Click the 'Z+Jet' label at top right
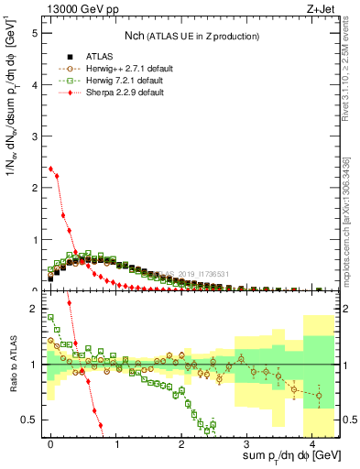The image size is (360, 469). click(322, 9)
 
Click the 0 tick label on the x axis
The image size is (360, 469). click(50, 442)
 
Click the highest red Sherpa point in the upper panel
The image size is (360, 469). click(50, 169)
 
